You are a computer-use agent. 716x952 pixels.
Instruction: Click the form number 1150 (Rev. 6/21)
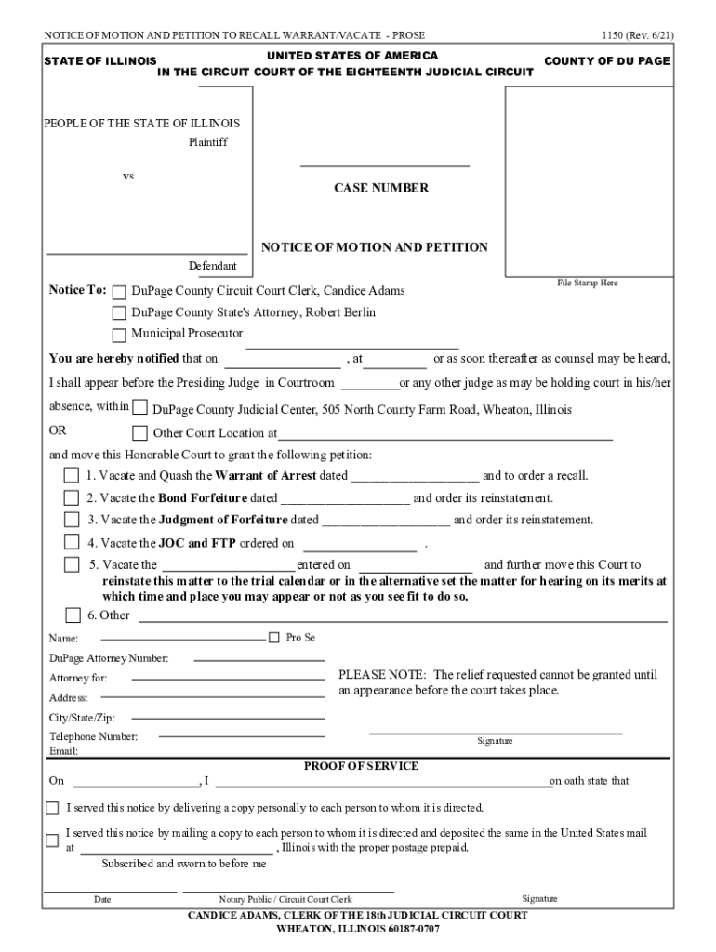tap(637, 35)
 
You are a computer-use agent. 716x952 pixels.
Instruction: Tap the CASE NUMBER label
tap(381, 188)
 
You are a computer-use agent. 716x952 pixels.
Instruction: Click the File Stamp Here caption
tap(587, 283)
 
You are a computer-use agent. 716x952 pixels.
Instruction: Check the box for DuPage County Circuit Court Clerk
tap(119, 291)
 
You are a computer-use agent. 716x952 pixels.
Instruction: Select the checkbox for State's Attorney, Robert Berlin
tap(119, 313)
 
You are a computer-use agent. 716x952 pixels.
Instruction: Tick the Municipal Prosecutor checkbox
tap(119, 335)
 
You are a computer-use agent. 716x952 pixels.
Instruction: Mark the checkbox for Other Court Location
tap(139, 432)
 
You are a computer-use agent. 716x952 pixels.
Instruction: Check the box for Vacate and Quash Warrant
tap(72, 475)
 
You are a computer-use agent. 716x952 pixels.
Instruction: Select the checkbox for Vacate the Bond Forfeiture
tap(72, 497)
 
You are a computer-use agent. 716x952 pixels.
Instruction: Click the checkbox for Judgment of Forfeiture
tap(72, 520)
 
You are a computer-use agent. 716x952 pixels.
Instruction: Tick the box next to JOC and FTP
tap(72, 542)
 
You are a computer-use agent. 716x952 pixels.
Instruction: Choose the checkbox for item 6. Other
tap(73, 615)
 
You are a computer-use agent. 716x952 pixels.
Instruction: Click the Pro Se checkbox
tap(273, 638)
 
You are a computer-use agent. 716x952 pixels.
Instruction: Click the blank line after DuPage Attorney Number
tap(259, 658)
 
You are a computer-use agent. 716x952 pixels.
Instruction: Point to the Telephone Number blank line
tap(241, 736)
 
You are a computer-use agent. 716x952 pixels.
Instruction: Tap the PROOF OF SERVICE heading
tap(362, 766)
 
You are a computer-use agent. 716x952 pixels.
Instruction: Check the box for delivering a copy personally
tap(52, 808)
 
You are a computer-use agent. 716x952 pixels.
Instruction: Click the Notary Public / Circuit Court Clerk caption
tap(285, 899)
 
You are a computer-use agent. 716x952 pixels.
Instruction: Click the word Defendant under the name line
tap(213, 266)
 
